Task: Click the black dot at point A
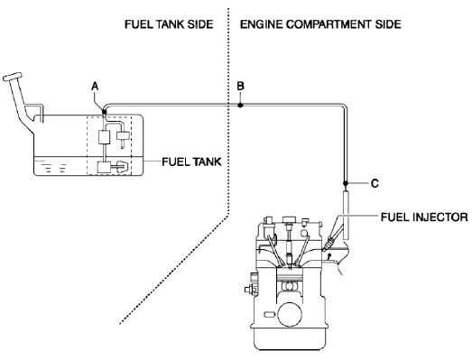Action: (x=105, y=112)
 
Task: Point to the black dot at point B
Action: (x=239, y=106)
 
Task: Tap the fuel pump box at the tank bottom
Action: (x=110, y=168)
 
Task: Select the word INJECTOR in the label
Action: (x=440, y=217)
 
